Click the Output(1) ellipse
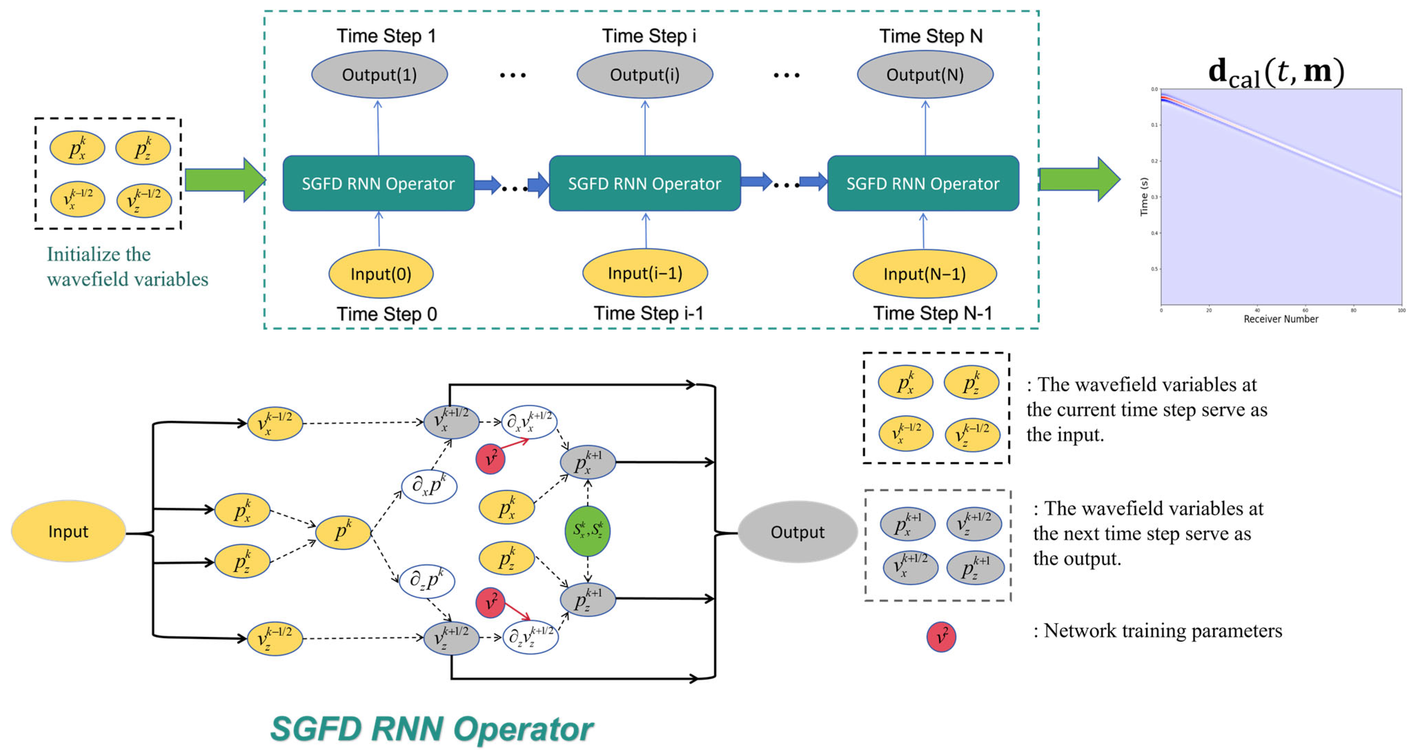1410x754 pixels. (379, 75)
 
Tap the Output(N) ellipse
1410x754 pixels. (925, 75)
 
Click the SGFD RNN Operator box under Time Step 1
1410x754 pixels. (378, 183)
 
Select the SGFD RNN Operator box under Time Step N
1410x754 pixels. (923, 183)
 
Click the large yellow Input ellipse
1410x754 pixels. (68, 531)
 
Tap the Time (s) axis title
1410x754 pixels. (1143, 196)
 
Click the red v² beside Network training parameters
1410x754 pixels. (941, 637)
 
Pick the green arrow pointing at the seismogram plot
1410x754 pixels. (1079, 179)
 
